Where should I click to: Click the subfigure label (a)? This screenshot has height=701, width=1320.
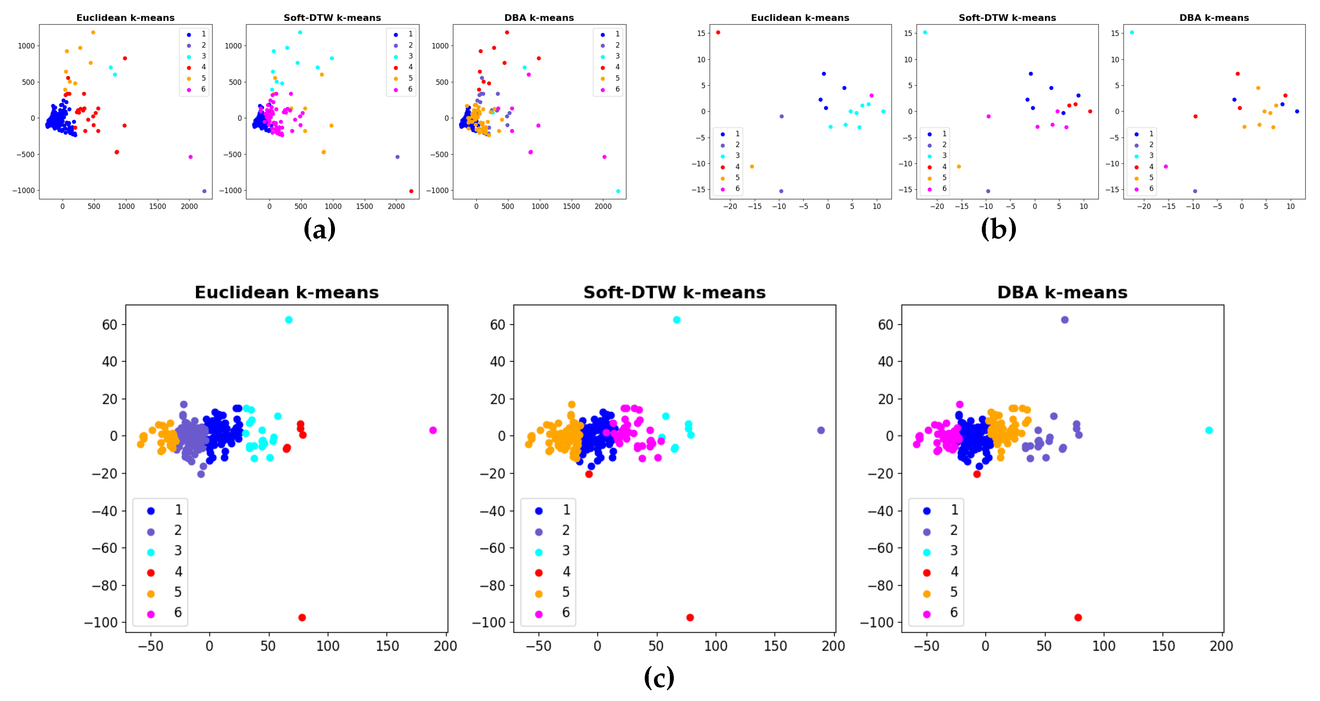click(x=319, y=229)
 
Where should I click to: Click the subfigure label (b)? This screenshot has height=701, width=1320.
click(x=998, y=229)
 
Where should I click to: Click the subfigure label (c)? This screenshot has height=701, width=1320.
click(x=659, y=678)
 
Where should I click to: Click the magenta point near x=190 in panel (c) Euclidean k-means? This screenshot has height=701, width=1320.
click(x=433, y=430)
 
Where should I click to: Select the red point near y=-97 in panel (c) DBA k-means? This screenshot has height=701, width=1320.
click(x=1078, y=617)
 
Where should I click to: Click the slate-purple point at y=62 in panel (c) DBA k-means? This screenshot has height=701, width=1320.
click(x=1065, y=320)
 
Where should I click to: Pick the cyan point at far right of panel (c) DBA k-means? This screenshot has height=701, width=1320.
click(x=1209, y=430)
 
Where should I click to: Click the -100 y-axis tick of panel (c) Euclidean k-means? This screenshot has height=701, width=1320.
click(x=101, y=623)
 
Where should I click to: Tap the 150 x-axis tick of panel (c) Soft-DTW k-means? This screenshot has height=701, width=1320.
click(x=775, y=646)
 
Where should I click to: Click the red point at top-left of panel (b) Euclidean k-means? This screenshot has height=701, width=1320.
click(x=718, y=32)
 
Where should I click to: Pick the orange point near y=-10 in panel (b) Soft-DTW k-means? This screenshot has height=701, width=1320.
click(x=959, y=166)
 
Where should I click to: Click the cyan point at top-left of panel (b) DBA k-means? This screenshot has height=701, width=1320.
click(x=1132, y=32)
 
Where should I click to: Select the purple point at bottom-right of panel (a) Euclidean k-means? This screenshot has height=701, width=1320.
click(x=205, y=191)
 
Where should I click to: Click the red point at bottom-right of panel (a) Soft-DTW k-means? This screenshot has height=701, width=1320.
click(x=412, y=191)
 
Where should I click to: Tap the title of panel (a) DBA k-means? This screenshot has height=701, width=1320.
click(x=539, y=18)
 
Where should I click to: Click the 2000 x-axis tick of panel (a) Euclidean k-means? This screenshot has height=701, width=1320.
click(x=189, y=207)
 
